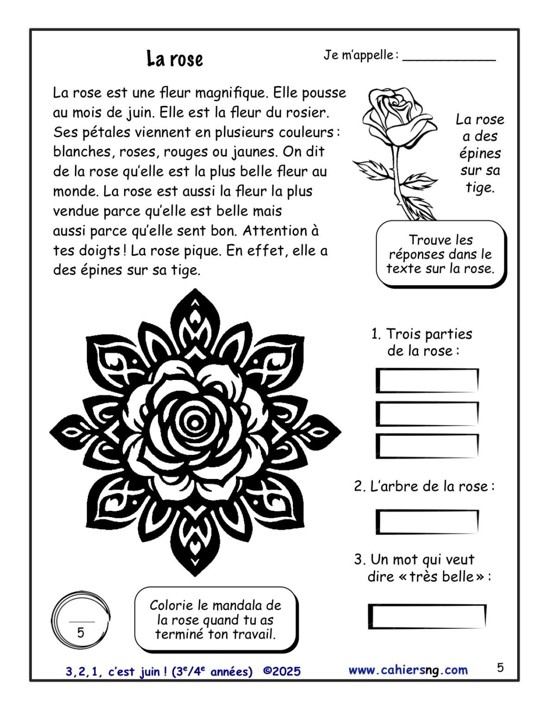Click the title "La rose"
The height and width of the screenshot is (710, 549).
(175, 59)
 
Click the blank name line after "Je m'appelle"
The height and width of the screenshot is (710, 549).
(449, 59)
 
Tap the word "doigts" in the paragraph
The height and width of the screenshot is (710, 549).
(99, 251)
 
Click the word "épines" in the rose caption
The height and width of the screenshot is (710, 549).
(480, 153)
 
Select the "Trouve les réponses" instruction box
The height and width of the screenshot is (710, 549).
(440, 254)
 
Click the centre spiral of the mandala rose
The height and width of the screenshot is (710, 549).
(195, 422)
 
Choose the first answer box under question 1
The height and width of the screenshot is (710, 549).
(427, 380)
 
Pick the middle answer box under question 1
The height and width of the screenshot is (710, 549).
(427, 414)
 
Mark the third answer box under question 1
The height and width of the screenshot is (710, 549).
(427, 446)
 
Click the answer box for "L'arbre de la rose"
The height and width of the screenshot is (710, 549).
(427, 521)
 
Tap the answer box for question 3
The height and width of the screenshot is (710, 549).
(427, 617)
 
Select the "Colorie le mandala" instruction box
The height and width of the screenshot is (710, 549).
(216, 619)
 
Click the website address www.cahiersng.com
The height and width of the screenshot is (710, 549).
(408, 670)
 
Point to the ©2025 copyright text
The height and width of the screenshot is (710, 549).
(282, 671)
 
